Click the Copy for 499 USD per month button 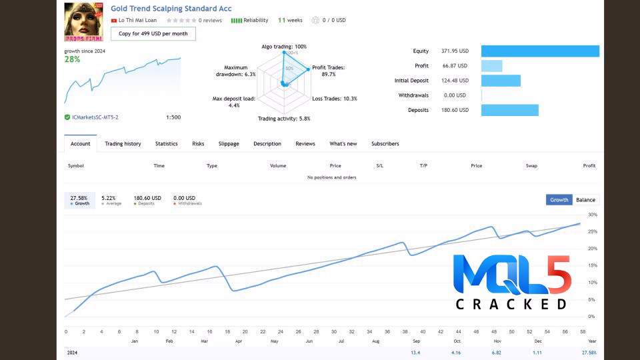(153, 33)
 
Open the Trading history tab (123, 144)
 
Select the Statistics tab (167, 144)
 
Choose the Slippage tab (229, 144)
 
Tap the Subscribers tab (385, 144)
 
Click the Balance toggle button (585, 200)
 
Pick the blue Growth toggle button (559, 200)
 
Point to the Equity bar (540, 51)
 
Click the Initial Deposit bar (501, 81)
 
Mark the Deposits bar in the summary (509, 110)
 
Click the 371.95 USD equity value (455, 51)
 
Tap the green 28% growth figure (72, 59)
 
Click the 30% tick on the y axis (593, 215)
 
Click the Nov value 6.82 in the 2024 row (496, 352)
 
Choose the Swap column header (531, 165)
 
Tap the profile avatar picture (83, 22)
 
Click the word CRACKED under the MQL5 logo (511, 304)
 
